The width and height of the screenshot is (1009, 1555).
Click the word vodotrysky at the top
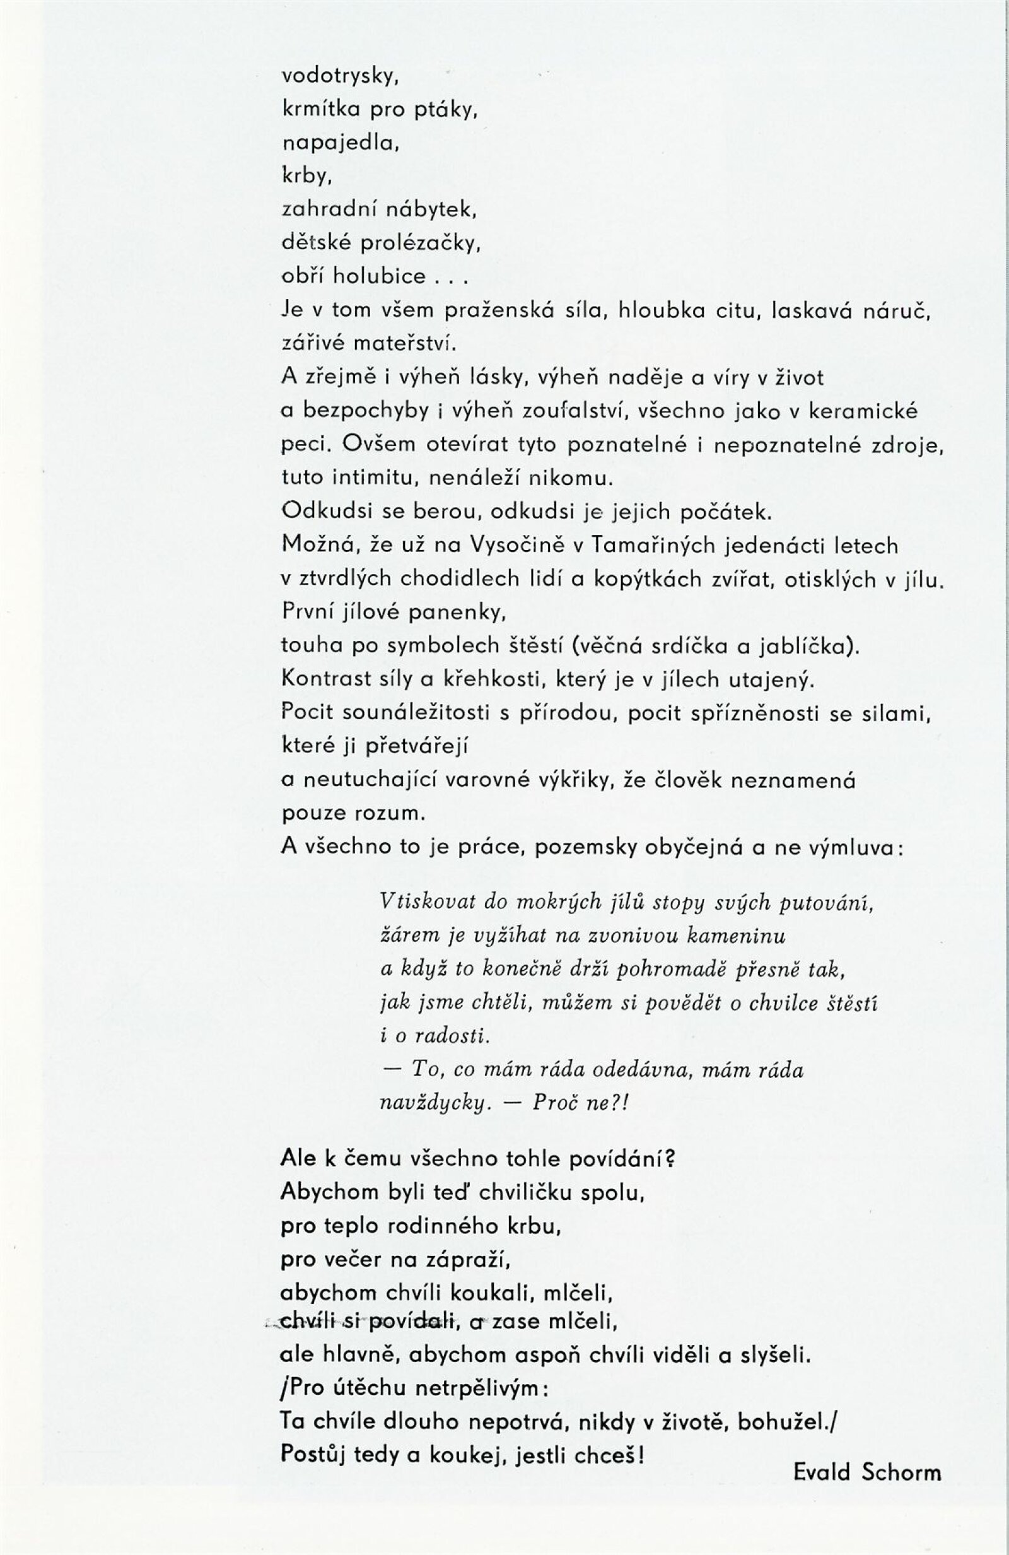point(340,77)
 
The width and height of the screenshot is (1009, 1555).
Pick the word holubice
point(380,276)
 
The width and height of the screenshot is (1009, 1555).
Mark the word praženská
point(499,310)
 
